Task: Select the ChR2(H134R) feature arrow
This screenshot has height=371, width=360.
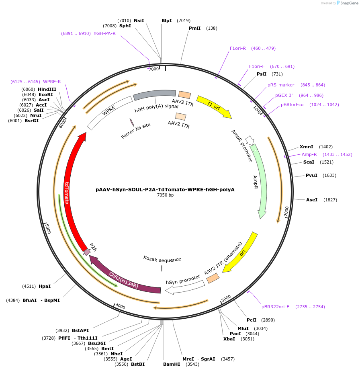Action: [125, 279]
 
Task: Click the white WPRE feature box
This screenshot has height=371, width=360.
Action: [109, 113]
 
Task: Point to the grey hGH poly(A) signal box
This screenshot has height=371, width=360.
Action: [154, 94]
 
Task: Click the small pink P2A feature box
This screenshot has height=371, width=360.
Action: [87, 252]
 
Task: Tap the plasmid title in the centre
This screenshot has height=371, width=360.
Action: [165, 189]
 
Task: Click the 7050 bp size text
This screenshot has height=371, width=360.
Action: [165, 195]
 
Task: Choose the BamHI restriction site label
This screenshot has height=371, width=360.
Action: [171, 364]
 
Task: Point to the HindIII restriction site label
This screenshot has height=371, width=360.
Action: [47, 89]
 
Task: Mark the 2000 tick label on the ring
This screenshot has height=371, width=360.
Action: [286, 211]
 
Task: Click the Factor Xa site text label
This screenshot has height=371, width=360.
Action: [136, 131]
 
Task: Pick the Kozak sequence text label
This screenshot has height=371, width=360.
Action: [162, 259]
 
